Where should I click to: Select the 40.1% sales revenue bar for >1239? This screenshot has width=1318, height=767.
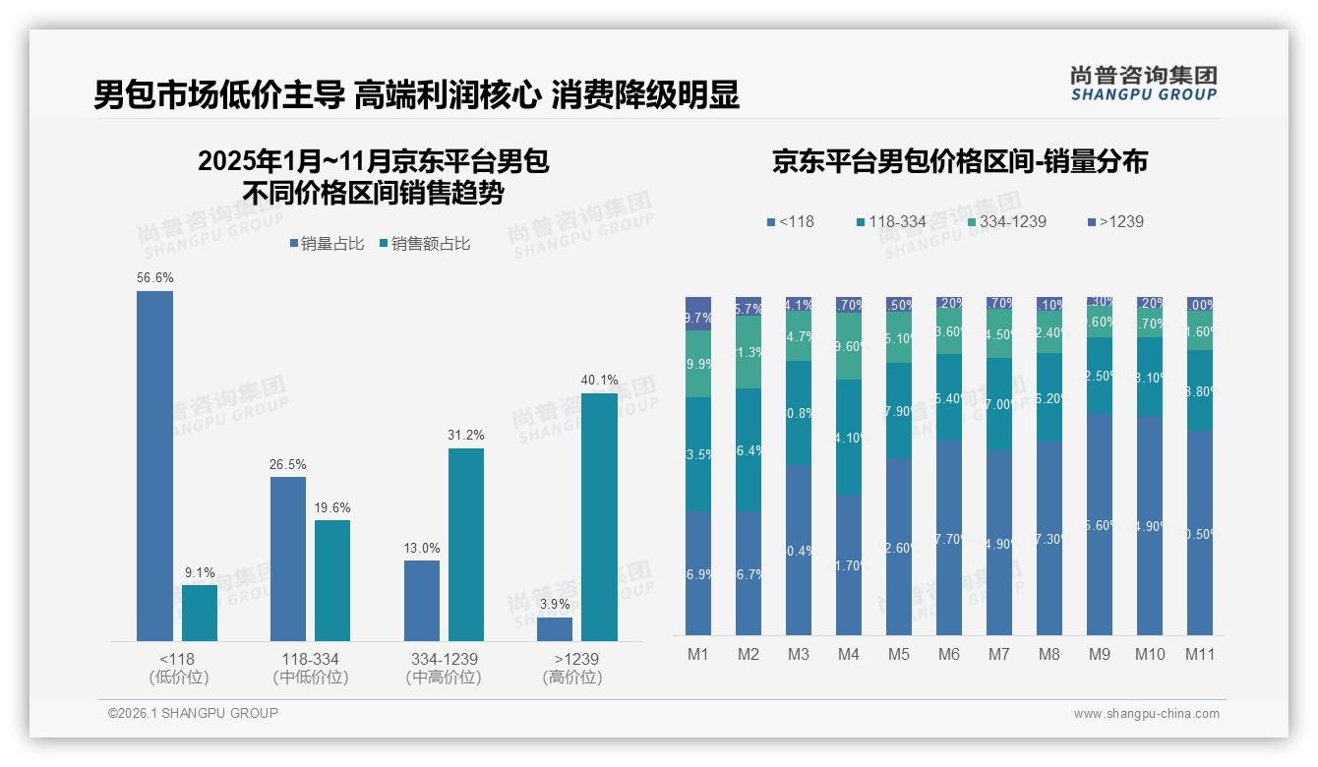(599, 517)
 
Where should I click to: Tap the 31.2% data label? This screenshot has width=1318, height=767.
(466, 435)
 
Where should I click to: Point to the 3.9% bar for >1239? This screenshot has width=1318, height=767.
(555, 629)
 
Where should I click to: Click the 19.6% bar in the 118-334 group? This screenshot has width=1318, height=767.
(332, 580)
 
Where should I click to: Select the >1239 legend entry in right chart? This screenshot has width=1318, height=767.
(1114, 221)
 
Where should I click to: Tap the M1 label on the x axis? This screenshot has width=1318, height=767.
(697, 655)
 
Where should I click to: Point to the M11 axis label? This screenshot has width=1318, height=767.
(1200, 655)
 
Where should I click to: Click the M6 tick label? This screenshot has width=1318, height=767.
(948, 655)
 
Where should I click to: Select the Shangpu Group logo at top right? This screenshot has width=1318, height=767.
(1143, 83)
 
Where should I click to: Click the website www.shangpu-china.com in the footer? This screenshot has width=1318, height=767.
(1146, 714)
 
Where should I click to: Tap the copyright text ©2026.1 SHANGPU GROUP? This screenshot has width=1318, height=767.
(193, 713)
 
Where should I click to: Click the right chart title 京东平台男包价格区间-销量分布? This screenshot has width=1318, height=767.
(959, 162)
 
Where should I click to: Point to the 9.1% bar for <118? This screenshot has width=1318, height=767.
(200, 614)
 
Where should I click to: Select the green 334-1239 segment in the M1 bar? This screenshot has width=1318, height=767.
(697, 364)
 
